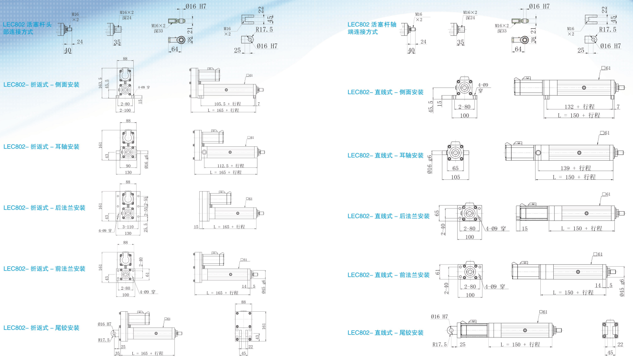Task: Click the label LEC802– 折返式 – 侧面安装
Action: coord(41,85)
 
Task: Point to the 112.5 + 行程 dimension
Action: coord(224,166)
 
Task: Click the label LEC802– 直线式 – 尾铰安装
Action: coord(385,333)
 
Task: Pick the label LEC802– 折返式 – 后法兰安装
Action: coord(44,207)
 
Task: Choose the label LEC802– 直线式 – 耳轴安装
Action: coord(385,155)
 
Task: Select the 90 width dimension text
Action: coord(128,166)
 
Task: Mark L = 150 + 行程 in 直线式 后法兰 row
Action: coord(580,229)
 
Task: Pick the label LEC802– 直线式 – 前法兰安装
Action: coord(388,275)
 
